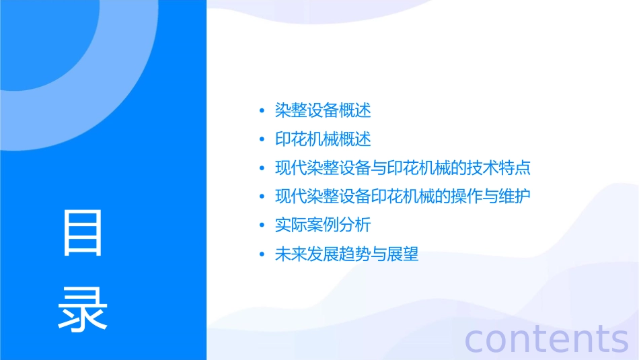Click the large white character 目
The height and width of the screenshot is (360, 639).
click(83, 233)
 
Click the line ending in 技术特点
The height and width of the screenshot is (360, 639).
click(403, 168)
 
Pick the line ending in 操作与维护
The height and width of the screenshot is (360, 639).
click(403, 197)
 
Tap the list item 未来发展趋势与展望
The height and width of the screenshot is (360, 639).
click(346, 255)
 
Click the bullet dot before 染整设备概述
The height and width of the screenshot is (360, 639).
click(262, 111)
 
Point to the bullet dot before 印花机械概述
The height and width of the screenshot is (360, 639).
click(262, 140)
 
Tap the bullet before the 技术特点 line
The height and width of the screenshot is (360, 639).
click(262, 169)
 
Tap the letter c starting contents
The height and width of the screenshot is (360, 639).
click(476, 340)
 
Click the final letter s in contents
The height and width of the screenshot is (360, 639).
click(619, 340)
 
